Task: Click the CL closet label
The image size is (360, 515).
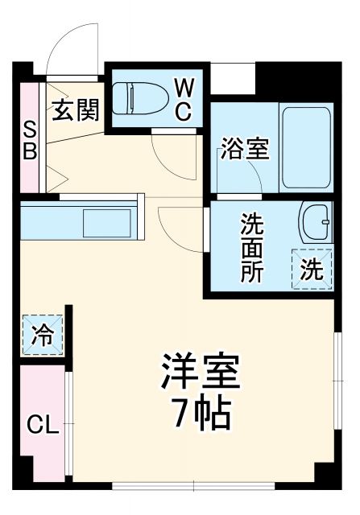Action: [40, 425]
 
